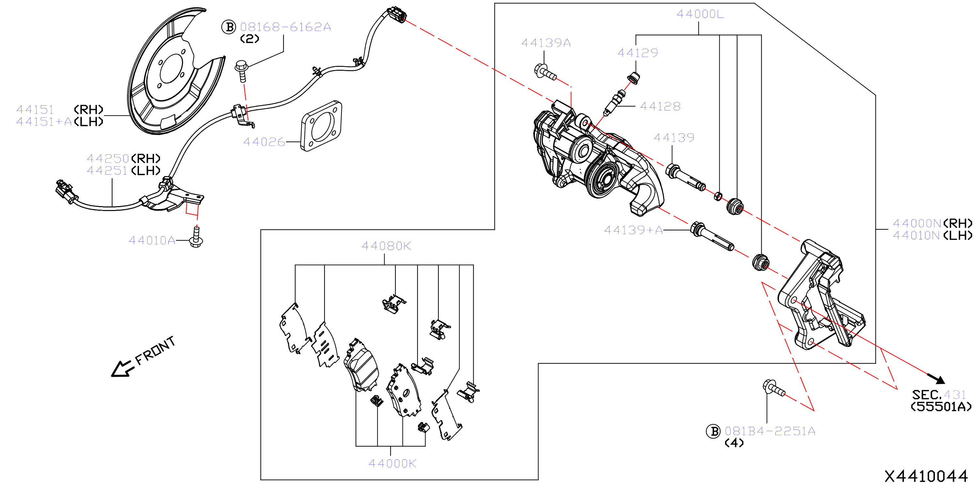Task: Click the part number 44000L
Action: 700,14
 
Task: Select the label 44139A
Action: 546,43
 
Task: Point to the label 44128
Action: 660,106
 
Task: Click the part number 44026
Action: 264,142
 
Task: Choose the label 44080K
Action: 386,246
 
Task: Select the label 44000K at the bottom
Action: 392,463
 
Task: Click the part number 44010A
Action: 152,240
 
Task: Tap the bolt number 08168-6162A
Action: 285,27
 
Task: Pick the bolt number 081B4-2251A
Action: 770,431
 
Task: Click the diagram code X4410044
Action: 926,476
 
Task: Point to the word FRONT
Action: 155,351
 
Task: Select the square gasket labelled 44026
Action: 321,126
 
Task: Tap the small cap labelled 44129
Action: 633,78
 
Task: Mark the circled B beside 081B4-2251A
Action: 713,431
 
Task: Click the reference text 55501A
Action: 941,407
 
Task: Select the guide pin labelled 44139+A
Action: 712,236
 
